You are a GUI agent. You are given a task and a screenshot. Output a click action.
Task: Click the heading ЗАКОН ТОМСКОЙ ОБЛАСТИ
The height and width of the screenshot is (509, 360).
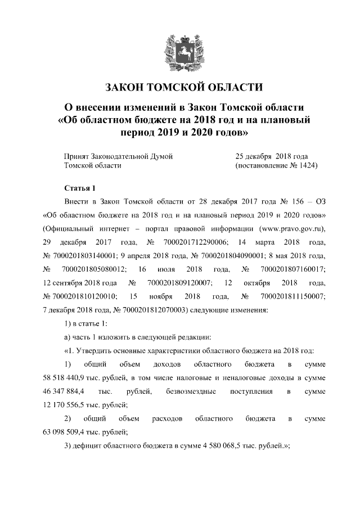(180, 88)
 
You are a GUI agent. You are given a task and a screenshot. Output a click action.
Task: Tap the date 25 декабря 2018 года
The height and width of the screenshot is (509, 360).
(272, 155)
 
